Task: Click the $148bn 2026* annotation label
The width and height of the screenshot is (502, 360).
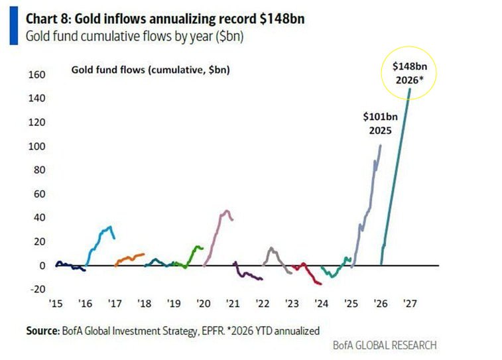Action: click(x=408, y=73)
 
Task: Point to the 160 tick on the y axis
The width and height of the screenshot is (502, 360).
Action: click(x=36, y=75)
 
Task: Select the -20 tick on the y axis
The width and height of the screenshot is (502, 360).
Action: click(x=36, y=289)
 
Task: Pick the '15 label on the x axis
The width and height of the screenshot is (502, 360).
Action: click(x=56, y=304)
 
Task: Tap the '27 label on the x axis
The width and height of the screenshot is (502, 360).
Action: click(x=409, y=304)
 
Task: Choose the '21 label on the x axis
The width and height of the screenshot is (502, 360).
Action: click(x=232, y=304)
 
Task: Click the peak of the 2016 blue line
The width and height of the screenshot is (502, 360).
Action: click(x=109, y=227)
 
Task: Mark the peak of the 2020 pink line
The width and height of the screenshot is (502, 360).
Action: click(x=226, y=211)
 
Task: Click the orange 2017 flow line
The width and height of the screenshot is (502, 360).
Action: click(x=129, y=257)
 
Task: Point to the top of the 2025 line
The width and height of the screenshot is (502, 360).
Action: click(x=381, y=145)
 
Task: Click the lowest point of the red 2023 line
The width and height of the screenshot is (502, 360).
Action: click(x=320, y=284)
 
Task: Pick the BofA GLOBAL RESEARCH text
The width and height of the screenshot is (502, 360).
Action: click(x=386, y=345)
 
